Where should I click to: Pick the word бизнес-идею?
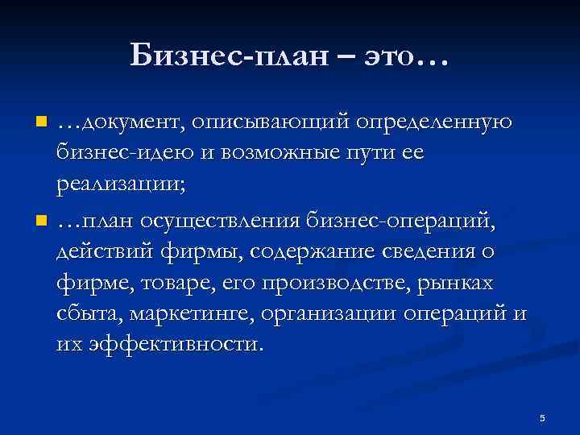(115, 154)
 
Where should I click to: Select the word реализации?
(120, 185)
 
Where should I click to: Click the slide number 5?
(542, 418)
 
